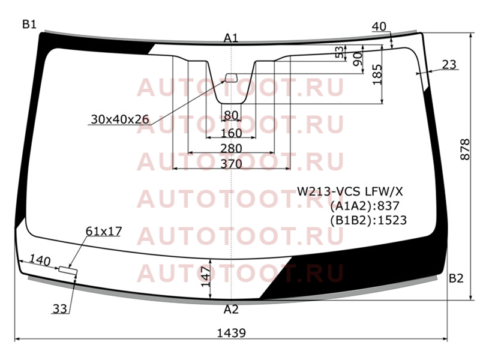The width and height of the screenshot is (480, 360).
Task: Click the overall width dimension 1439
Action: pyautogui.click(x=231, y=333)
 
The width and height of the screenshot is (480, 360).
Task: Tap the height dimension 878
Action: pyautogui.click(x=464, y=149)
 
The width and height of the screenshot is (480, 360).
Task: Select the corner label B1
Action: pyautogui.click(x=29, y=24)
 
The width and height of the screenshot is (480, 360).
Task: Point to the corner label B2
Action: pyautogui.click(x=456, y=278)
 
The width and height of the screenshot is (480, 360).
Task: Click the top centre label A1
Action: pyautogui.click(x=231, y=38)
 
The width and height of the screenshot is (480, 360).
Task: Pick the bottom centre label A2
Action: pyautogui.click(x=231, y=310)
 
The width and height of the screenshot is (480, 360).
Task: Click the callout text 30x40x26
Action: pyautogui.click(x=120, y=119)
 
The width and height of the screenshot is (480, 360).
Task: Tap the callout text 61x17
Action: pyautogui.click(x=104, y=231)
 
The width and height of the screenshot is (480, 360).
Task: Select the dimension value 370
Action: pyautogui.click(x=232, y=164)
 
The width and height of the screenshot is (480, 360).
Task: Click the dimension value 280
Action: pyautogui.click(x=231, y=148)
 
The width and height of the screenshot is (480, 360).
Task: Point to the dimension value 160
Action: pyautogui.click(x=231, y=133)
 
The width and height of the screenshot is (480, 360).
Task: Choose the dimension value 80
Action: pyautogui.click(x=231, y=115)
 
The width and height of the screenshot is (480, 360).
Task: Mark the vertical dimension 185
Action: pyautogui.click(x=378, y=74)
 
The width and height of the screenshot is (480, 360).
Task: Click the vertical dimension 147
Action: pyautogui.click(x=206, y=277)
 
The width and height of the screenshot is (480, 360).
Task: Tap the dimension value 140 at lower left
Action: pyautogui.click(x=40, y=261)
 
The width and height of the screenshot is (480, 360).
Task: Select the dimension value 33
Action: pyautogui.click(x=59, y=309)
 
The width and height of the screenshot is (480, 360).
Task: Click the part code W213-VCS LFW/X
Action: pyautogui.click(x=350, y=191)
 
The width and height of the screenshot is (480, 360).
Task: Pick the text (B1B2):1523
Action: pyautogui.click(x=368, y=220)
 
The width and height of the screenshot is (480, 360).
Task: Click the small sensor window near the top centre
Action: pyautogui.click(x=231, y=78)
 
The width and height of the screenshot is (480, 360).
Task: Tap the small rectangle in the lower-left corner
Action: pyautogui.click(x=68, y=269)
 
